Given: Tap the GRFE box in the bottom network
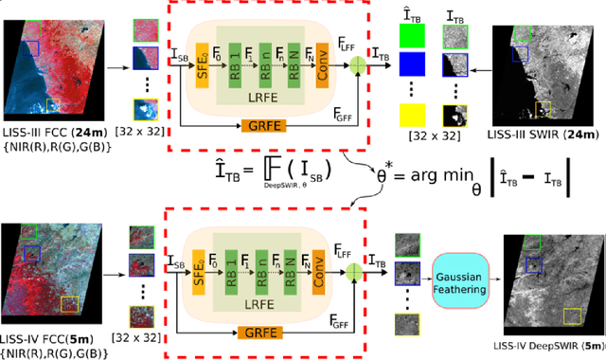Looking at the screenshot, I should point(254,333).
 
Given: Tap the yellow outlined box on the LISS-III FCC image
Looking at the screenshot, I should point(52,105).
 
